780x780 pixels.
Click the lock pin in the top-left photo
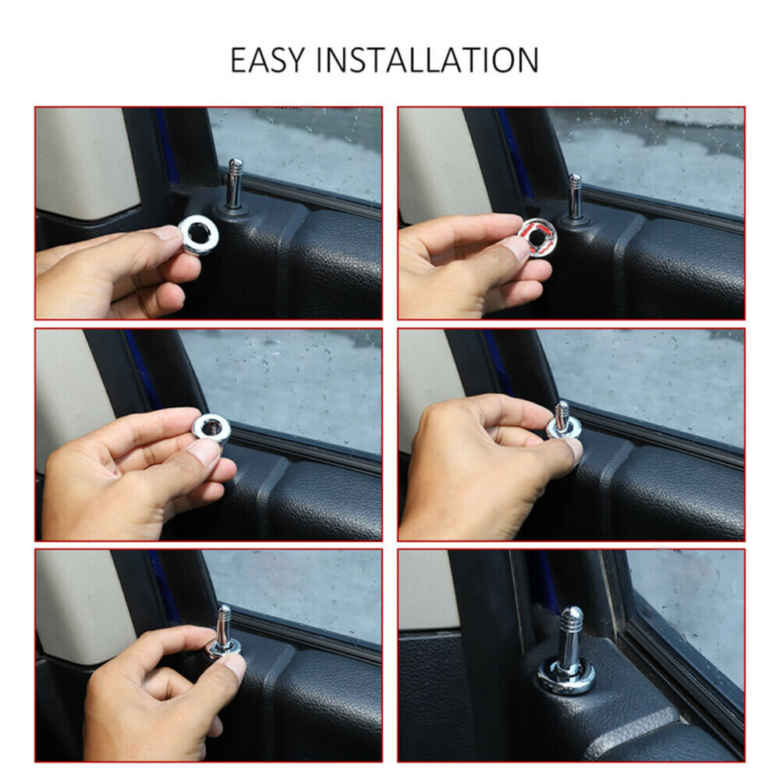click(234, 184)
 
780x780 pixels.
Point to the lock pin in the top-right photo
click(574, 197)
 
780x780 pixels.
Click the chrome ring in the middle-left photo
click(211, 427)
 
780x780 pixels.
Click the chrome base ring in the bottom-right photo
click(565, 677)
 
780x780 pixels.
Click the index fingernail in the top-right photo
click(516, 248)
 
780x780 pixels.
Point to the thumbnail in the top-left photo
click(167, 233)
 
